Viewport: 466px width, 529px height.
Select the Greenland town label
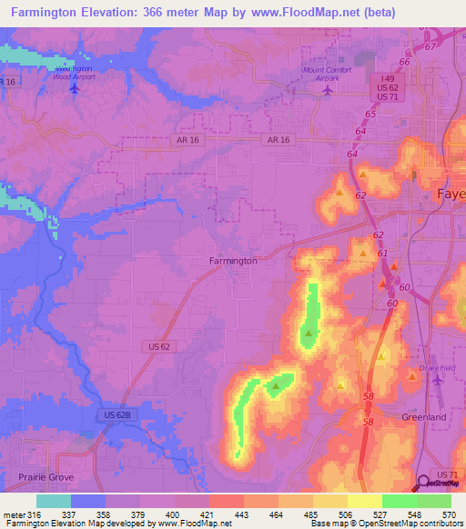pos(423,417)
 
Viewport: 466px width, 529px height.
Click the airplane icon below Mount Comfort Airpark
pos(329,88)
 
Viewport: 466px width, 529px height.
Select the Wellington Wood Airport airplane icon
pos(73,89)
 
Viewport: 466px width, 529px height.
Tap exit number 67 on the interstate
pos(431,45)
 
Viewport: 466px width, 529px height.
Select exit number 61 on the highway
pos(382,254)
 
